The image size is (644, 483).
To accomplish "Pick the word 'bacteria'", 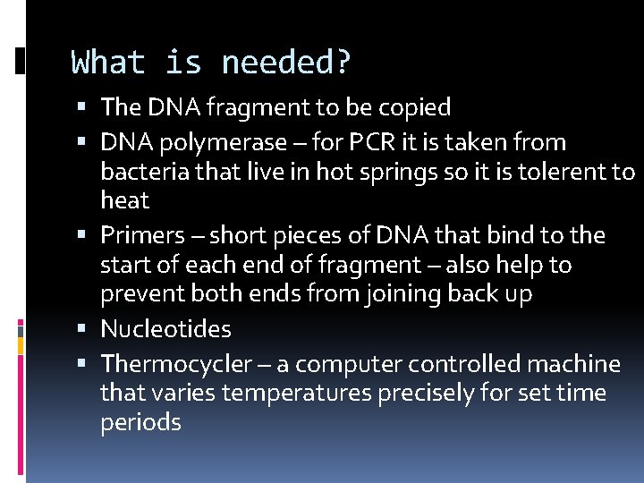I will (144, 171).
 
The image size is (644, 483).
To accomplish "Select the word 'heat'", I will (124, 199).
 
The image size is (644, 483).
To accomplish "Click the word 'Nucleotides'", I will (165, 329).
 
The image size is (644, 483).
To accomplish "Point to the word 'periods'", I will (140, 422).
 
